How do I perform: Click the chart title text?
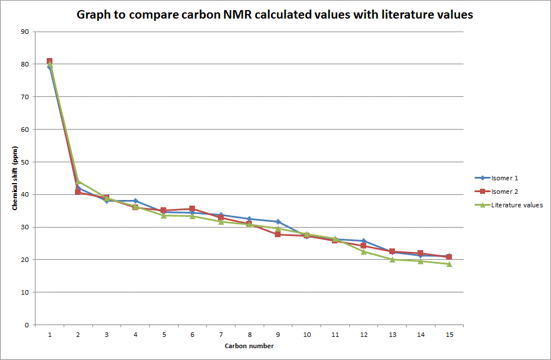[x=275, y=15]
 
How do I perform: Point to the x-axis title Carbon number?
[x=249, y=345]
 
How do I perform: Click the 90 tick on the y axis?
[x=25, y=32]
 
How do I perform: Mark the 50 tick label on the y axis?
[x=25, y=162]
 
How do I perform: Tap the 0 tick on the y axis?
[x=26, y=325]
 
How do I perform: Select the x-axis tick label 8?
[x=250, y=334]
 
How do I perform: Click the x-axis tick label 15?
[x=449, y=334]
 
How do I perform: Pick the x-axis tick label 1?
[x=50, y=334]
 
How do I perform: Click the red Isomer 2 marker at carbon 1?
[x=50, y=61]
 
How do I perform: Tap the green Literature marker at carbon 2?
[x=78, y=182]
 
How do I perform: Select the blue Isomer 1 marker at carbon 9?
[x=278, y=222]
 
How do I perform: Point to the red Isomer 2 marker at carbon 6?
[x=192, y=209]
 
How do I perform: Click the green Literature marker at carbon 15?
[x=449, y=264]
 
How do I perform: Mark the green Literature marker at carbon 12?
[x=363, y=252]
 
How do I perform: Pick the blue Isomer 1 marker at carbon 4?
[x=135, y=201]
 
